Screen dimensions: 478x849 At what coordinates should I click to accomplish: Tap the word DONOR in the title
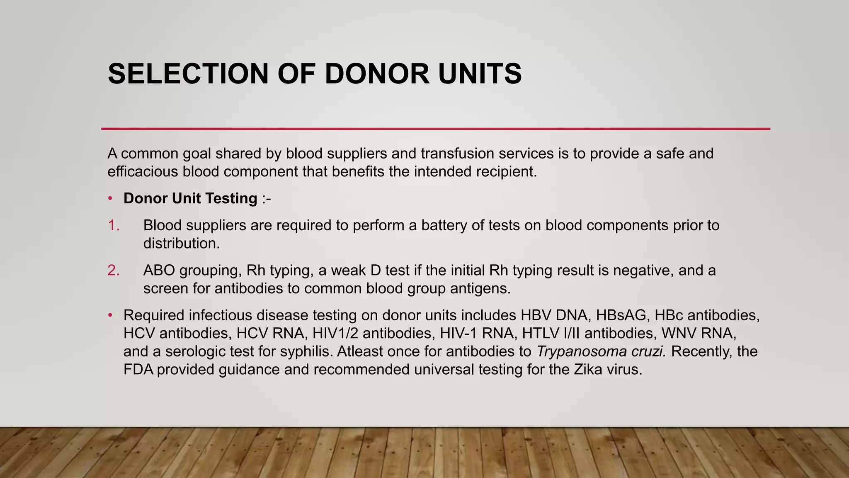pyautogui.click(x=377, y=74)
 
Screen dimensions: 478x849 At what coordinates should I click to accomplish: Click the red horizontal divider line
pyautogui.click(x=435, y=129)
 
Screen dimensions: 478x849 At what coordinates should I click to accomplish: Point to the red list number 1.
pyautogui.click(x=113, y=225)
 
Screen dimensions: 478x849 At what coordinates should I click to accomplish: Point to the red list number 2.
pyautogui.click(x=113, y=271)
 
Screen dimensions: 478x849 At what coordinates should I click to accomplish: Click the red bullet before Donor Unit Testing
pyautogui.click(x=110, y=199)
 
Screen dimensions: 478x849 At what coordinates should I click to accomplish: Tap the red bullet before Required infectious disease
pyautogui.click(x=110, y=316)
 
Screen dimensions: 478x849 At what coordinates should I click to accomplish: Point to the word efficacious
pyautogui.click(x=143, y=171)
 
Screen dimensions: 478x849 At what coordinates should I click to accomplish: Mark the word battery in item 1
pyautogui.click(x=446, y=225)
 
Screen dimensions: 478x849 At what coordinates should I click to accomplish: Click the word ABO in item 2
pyautogui.click(x=159, y=271)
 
